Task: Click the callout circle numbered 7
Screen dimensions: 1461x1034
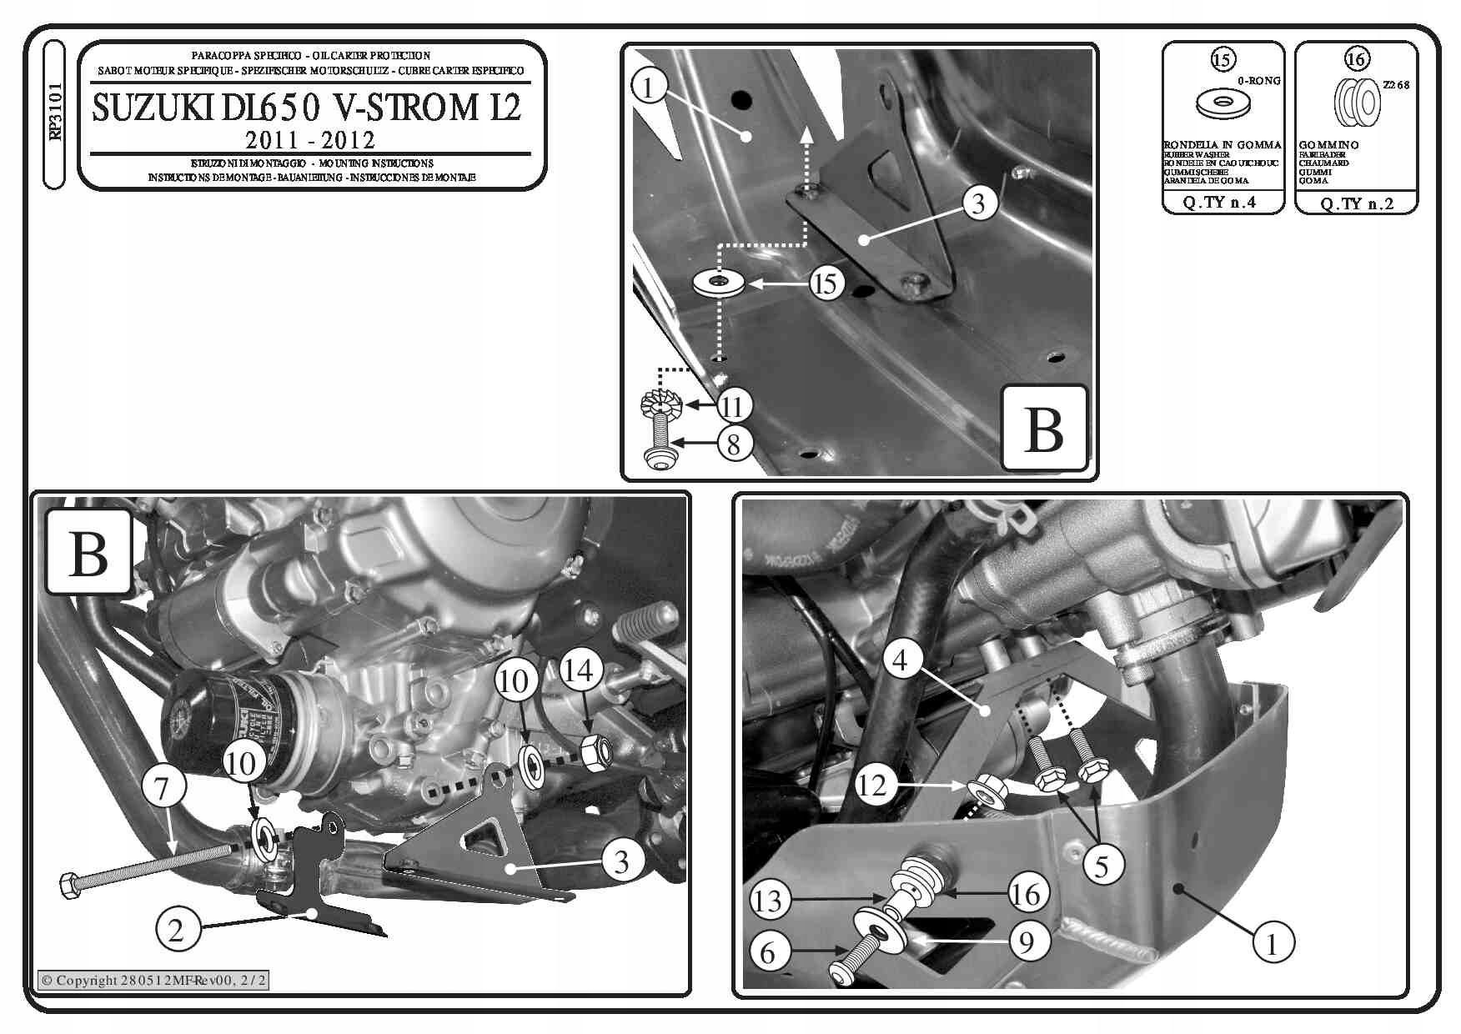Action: [162, 787]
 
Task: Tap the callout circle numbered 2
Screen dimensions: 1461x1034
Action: [176, 929]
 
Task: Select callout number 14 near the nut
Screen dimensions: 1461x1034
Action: [580, 670]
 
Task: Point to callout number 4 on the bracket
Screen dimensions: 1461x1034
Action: [901, 660]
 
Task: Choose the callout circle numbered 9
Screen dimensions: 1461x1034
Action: [1027, 941]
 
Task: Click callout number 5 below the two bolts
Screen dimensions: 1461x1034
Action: [1102, 866]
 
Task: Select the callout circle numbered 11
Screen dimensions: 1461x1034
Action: [733, 406]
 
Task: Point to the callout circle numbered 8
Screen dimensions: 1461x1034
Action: [734, 444]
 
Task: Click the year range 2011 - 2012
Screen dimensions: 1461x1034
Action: [310, 139]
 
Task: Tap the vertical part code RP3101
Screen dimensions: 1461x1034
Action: [54, 112]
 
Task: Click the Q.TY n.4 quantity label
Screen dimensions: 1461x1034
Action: [1222, 202]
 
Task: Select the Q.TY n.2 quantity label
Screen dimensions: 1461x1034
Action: [1357, 203]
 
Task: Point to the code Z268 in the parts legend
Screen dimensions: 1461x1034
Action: [1396, 85]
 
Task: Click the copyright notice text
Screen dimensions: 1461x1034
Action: [154, 980]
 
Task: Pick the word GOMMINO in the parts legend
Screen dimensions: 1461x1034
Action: [1328, 145]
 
